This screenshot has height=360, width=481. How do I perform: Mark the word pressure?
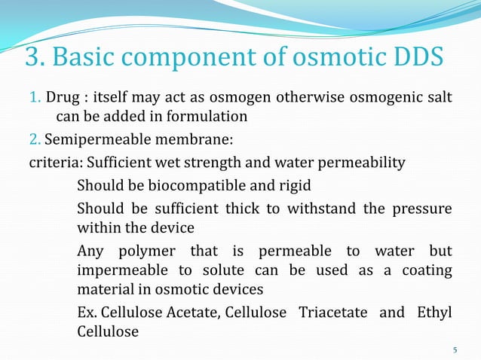[x=424, y=209]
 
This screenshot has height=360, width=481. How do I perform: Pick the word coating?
[x=425, y=270]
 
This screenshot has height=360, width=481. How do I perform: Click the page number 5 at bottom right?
[x=455, y=349]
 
